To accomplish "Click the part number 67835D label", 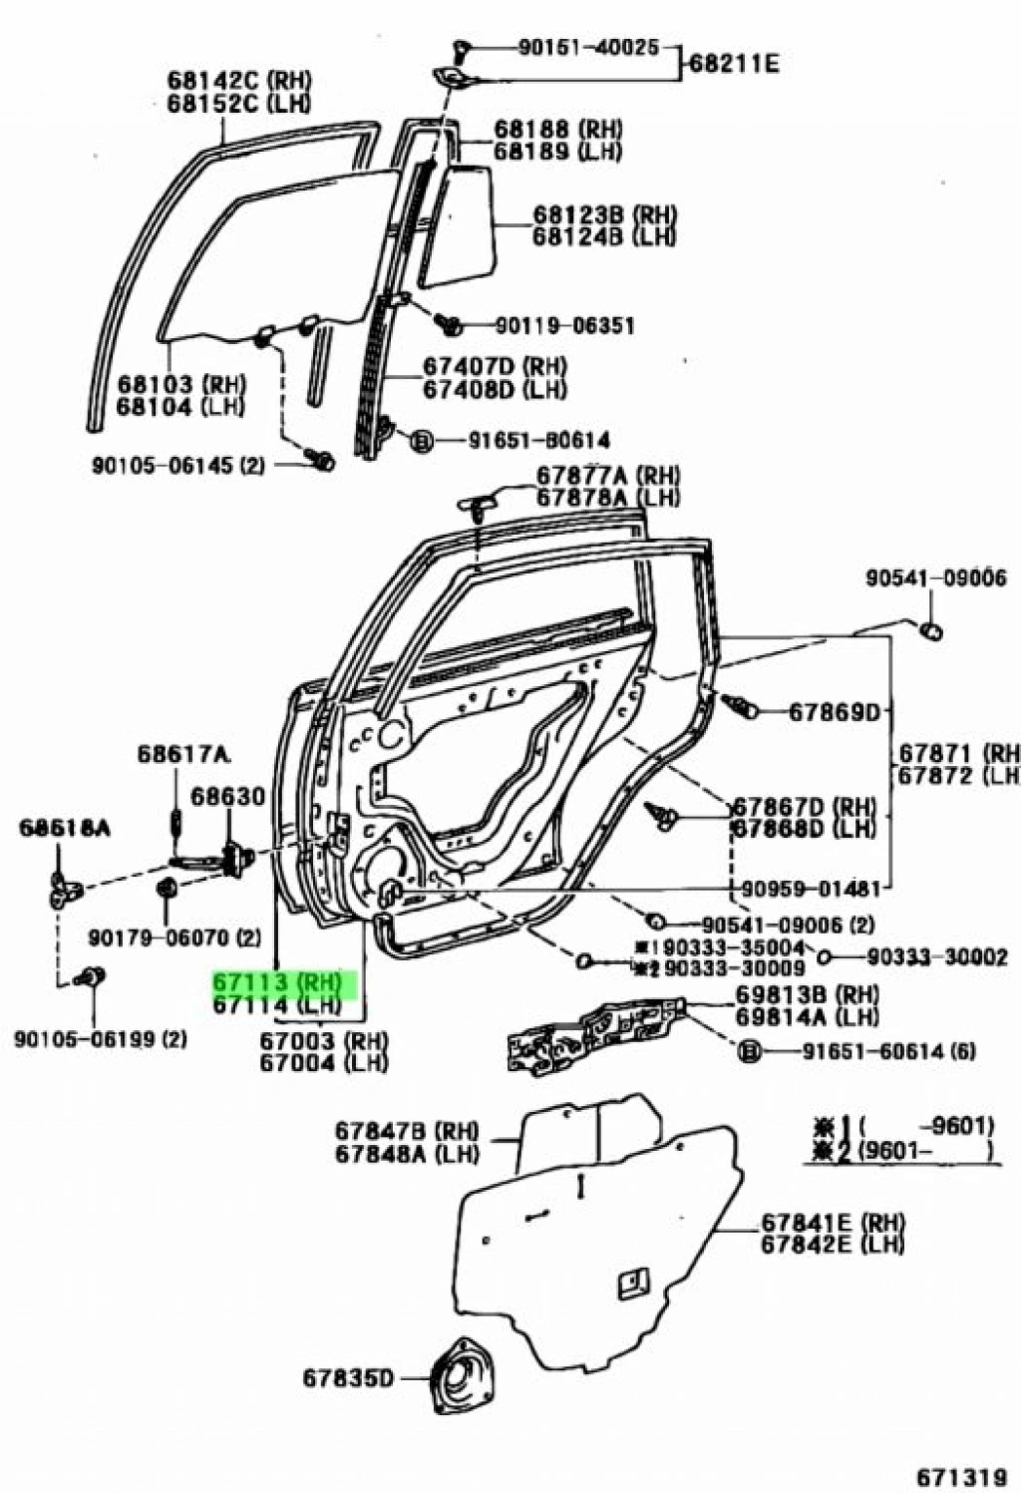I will pos(348,1379).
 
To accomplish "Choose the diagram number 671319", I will pos(961,1473).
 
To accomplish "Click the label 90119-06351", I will pos(565,325).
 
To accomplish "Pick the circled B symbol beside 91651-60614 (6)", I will pos(750,1050).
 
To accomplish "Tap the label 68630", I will pos(228,796).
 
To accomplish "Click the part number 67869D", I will pos(835,712).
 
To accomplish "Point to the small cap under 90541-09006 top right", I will pos(931,630).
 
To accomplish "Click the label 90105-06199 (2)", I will pos(101,1039).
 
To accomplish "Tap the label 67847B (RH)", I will pos(406,1132).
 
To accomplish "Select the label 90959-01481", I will pos(812,888).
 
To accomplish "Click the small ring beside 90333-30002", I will pos(824,957).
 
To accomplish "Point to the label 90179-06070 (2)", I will pos(174,937).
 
